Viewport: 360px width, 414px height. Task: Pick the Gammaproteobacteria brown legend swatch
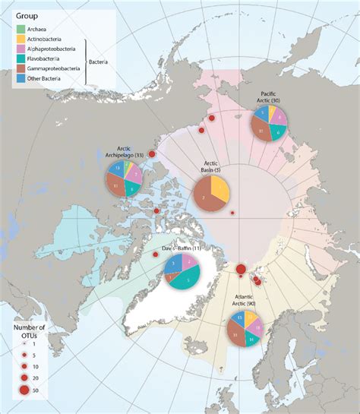20,77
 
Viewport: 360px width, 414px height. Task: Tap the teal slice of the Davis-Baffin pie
187,281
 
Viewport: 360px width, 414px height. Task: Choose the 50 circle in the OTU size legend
24,392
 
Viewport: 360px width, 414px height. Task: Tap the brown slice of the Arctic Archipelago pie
117,185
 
